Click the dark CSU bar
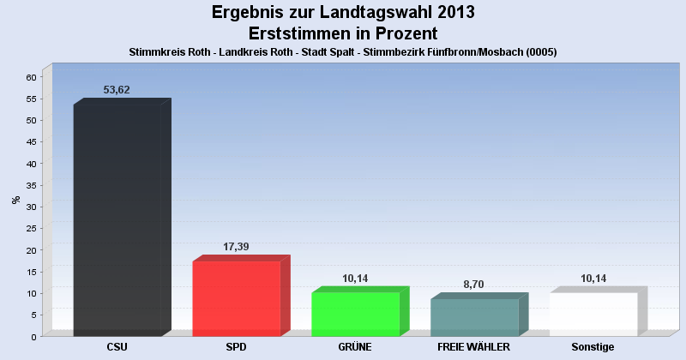point(117,219)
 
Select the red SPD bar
point(236,297)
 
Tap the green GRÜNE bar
point(355,314)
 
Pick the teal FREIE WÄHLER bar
point(474,316)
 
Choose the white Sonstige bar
point(593,314)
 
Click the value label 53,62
point(116,90)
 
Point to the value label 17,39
point(236,247)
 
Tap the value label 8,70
point(474,285)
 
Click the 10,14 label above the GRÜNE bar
point(355,279)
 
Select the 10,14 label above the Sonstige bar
point(593,279)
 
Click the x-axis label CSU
point(117,347)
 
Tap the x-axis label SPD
point(236,347)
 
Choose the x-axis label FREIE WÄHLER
point(474,347)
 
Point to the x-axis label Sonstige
point(593,347)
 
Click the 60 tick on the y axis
point(31,77)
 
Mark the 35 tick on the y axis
point(31,185)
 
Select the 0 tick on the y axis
point(33,337)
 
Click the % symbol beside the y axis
point(15,200)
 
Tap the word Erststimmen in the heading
point(298,33)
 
